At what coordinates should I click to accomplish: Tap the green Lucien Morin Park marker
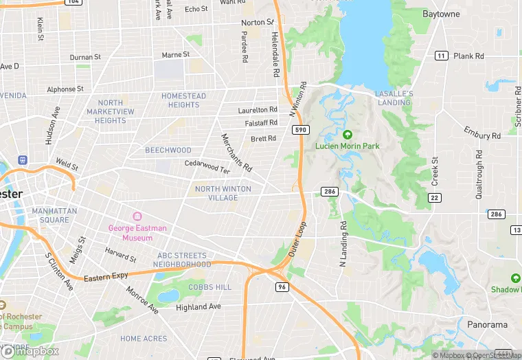coord(347,135)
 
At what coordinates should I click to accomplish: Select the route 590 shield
coord(299,130)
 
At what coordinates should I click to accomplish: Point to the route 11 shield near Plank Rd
coord(441,56)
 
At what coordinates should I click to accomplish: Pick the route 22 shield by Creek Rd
coord(433,197)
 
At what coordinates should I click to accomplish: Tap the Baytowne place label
coord(441,14)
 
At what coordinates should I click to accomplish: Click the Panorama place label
coord(487,324)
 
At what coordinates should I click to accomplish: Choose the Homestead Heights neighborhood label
coord(183,100)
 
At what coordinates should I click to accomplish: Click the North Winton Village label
coord(223,193)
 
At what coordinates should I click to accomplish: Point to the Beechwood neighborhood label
coord(168,150)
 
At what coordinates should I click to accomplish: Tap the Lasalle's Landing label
coord(394,98)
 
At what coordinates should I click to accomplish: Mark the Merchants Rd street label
coord(236,153)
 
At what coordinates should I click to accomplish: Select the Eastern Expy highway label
coord(106,278)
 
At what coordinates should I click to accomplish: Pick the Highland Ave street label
coord(198,307)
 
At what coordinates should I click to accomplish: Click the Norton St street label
coord(257,23)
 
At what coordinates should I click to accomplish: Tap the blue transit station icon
coord(23,159)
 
